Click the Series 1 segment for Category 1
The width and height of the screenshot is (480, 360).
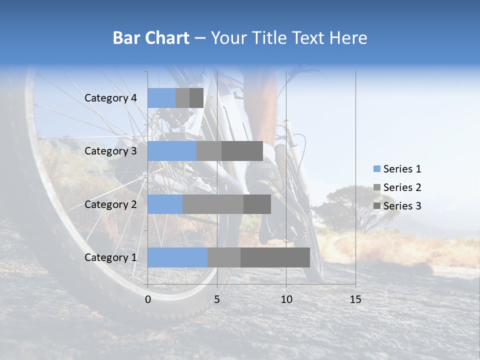tap(177, 257)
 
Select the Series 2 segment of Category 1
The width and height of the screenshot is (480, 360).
tap(224, 257)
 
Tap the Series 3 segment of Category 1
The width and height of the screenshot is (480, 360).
tap(275, 257)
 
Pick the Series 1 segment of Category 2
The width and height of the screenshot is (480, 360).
tap(165, 204)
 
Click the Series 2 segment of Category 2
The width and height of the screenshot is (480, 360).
tap(213, 204)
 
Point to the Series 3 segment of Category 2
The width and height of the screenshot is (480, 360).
tap(257, 204)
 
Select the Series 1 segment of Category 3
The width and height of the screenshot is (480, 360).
tap(172, 151)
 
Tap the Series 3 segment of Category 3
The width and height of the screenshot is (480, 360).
tap(242, 151)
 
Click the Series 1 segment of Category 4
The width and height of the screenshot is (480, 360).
tap(161, 98)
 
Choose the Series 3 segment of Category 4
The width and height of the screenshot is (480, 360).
tap(196, 98)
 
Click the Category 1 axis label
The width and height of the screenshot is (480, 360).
tap(110, 257)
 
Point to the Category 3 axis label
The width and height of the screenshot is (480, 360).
tap(110, 151)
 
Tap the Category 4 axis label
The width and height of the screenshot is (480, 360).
tap(110, 98)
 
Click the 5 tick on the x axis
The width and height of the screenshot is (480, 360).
tap(217, 299)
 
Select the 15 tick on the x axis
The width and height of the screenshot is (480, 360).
tap(355, 299)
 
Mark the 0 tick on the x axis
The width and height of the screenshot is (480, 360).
tap(148, 299)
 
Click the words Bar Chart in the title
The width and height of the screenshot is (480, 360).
tap(151, 38)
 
